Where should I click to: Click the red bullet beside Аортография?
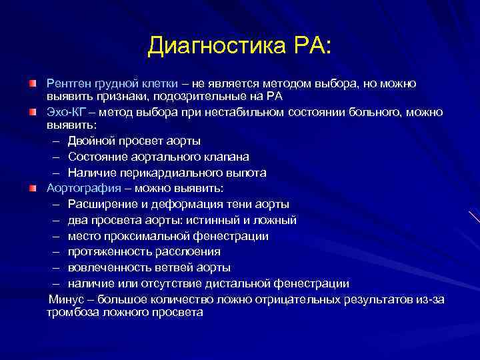click(32, 189)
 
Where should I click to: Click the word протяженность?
click(107, 252)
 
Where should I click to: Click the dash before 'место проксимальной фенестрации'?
click(53, 237)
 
